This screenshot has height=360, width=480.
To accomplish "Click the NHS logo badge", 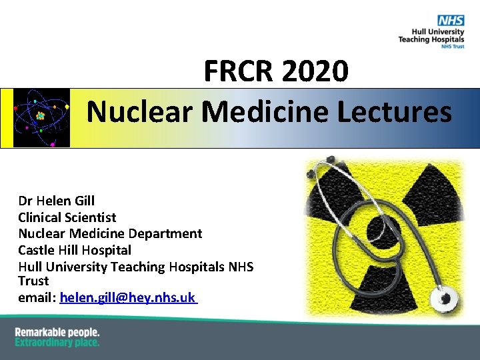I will (x=451, y=20).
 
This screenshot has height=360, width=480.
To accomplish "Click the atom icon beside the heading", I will (x=41, y=117).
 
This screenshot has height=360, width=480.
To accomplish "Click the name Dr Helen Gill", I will (x=57, y=201).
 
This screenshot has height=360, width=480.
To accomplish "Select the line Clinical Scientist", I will (x=67, y=217).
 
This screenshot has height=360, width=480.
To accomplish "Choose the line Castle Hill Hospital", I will (x=75, y=251).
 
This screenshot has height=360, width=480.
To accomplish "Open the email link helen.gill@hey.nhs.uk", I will (x=127, y=298).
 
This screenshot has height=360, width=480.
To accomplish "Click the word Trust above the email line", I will (x=33, y=281).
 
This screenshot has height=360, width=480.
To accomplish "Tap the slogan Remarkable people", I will (x=57, y=332).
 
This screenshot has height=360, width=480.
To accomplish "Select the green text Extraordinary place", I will (x=57, y=343).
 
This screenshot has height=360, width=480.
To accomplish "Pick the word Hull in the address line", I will (x=31, y=267).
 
